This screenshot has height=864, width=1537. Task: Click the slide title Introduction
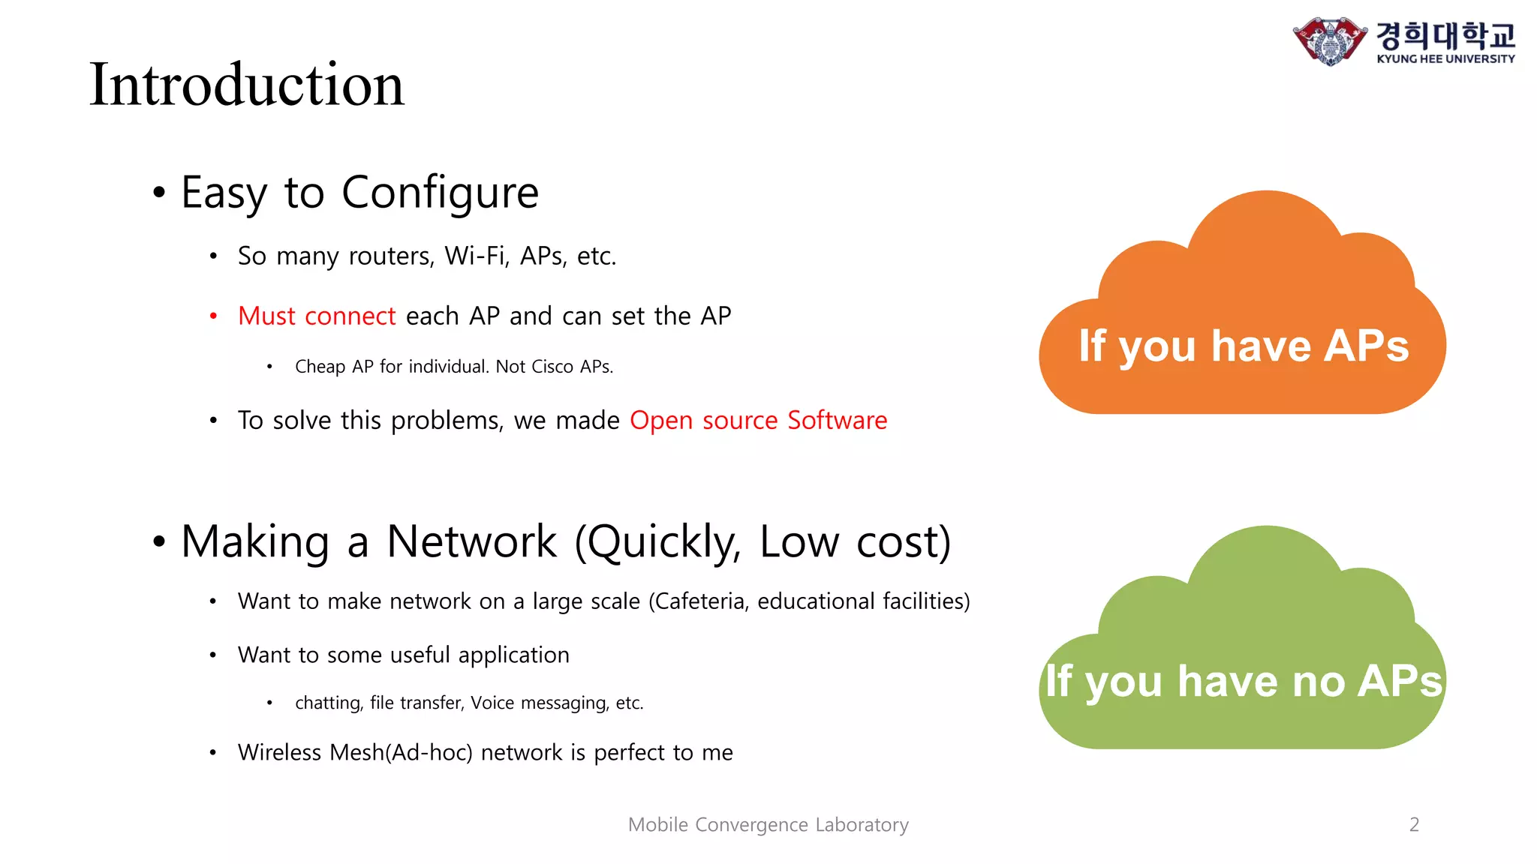pyautogui.click(x=247, y=85)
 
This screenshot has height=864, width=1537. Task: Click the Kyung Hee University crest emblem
pyautogui.click(x=1329, y=40)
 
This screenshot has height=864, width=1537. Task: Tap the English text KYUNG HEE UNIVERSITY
pyautogui.click(x=1445, y=59)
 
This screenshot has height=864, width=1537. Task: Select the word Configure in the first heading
pyautogui.click(x=440, y=193)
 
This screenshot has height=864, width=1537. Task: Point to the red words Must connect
pyautogui.click(x=316, y=316)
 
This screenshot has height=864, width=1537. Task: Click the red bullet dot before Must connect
pyautogui.click(x=213, y=316)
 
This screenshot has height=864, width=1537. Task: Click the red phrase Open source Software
pyautogui.click(x=758, y=421)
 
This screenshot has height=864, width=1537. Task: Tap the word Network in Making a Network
pyautogui.click(x=471, y=541)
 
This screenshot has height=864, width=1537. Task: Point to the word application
pyautogui.click(x=513, y=655)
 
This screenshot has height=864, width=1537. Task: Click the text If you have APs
pyautogui.click(x=1243, y=346)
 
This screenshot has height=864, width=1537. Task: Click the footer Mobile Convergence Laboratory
pyautogui.click(x=768, y=825)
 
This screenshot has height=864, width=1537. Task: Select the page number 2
pyautogui.click(x=1414, y=825)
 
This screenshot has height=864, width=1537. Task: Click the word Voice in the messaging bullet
pyautogui.click(x=492, y=703)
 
